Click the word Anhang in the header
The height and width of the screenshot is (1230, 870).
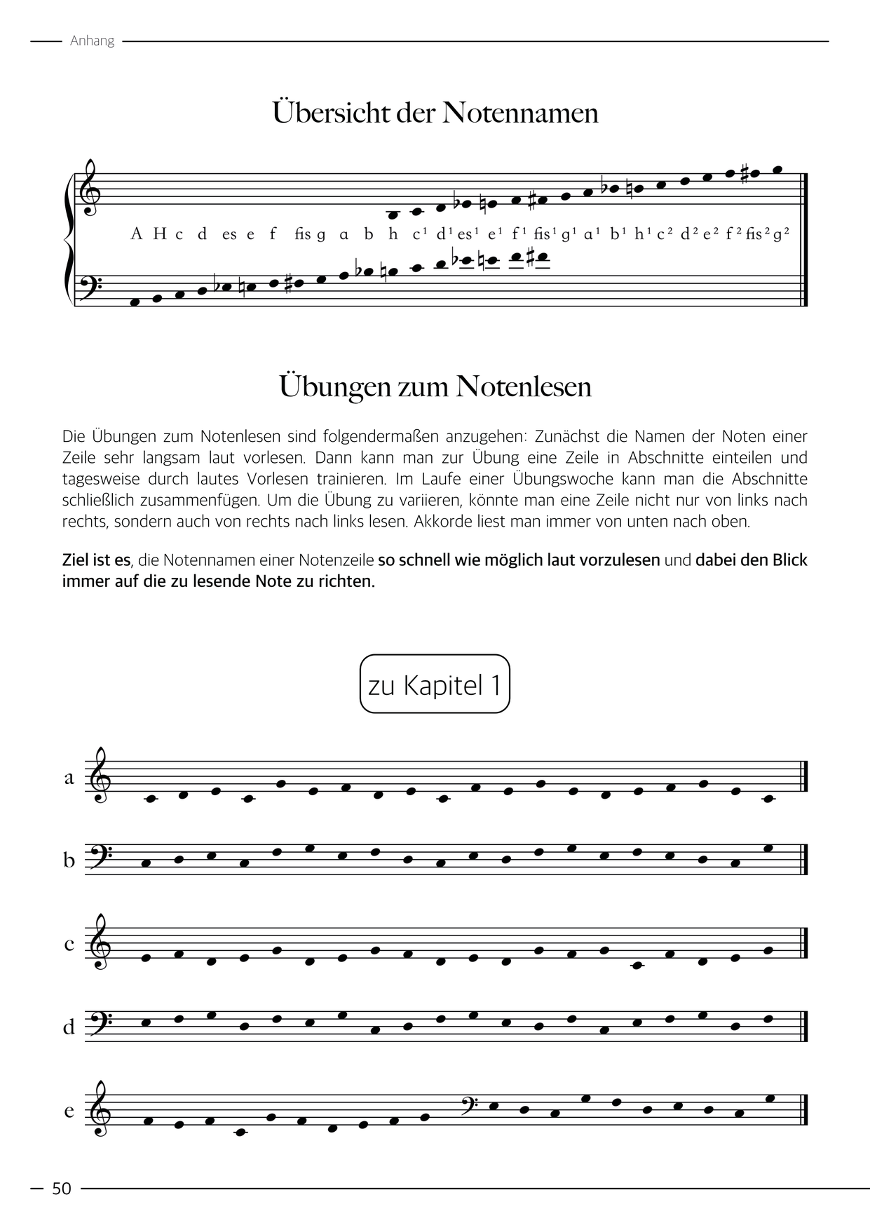tap(92, 41)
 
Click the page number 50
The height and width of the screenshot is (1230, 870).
tap(62, 1189)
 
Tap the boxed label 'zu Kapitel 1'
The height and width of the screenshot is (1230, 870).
tap(435, 684)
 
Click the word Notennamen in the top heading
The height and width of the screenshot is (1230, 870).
tap(519, 113)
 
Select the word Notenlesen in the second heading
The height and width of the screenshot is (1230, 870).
tap(524, 386)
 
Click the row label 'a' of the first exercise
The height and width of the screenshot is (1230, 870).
tap(69, 778)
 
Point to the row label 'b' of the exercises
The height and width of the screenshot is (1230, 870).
tap(69, 860)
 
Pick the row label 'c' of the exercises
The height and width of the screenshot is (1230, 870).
tap(69, 944)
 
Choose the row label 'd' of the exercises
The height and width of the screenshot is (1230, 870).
tap(69, 1027)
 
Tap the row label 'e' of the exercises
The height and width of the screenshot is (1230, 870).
tap(69, 1111)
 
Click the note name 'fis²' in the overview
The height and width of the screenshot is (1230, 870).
tap(759, 234)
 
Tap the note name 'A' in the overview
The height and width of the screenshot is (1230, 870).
tap(137, 234)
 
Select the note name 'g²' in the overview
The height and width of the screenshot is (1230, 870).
tap(782, 234)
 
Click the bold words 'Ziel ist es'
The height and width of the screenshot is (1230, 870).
tap(96, 560)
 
